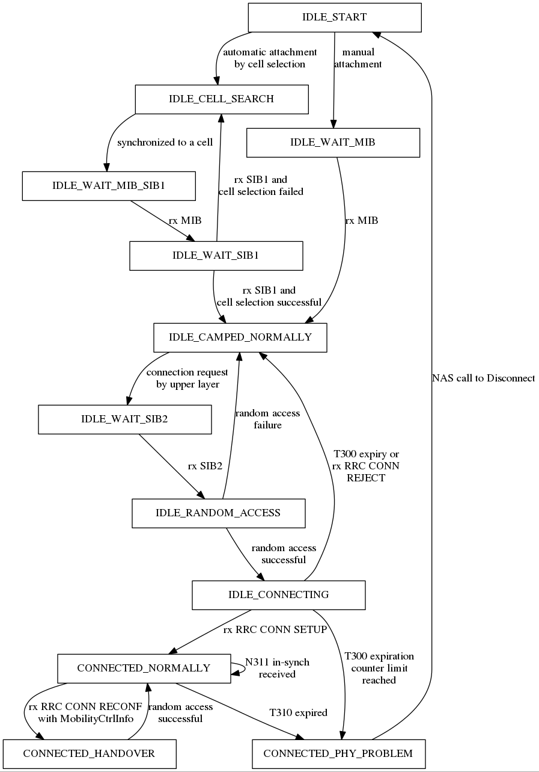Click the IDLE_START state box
point(334,17)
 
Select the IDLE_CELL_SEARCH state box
point(221,99)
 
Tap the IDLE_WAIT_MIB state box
point(333,143)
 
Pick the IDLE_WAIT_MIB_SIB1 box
point(109,186)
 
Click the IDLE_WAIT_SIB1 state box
point(216,255)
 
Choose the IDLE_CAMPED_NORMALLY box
point(240,337)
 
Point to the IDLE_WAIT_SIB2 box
point(124,419)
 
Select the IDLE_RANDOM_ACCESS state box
point(218,513)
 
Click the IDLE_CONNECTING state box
point(278,594)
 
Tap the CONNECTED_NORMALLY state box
point(144,668)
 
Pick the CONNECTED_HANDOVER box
point(89,753)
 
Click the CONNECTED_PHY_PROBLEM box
point(338,753)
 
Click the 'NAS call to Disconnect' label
point(483,378)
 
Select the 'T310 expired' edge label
point(298,712)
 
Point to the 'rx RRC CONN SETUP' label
point(275,630)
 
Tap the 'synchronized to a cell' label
point(165,143)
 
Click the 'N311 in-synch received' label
point(277,668)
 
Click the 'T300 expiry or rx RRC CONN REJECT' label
point(365,466)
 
